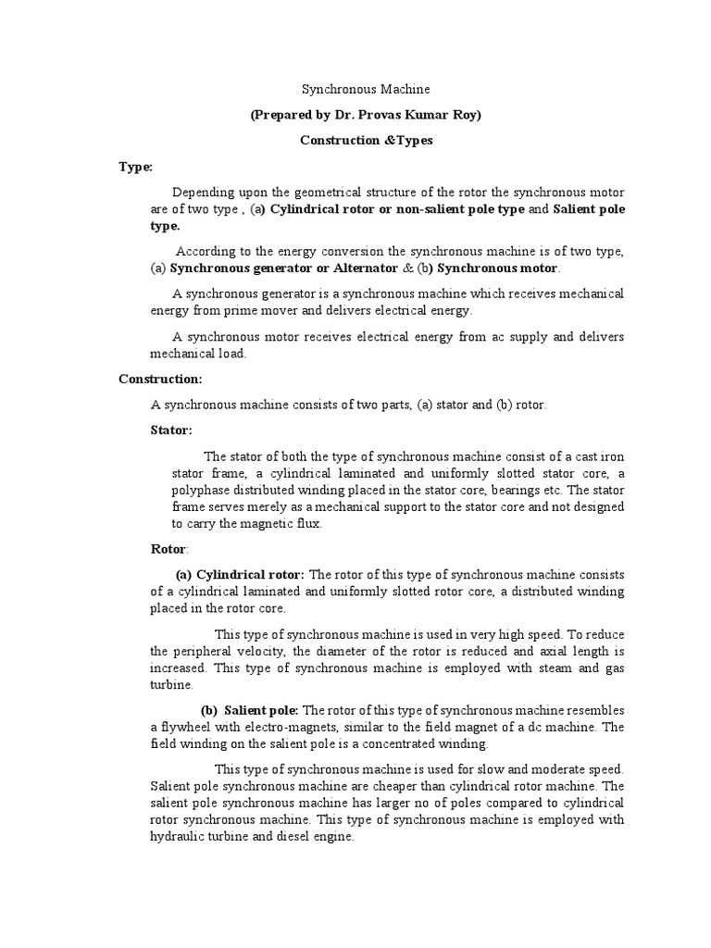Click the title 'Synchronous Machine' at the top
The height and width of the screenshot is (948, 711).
pos(366,90)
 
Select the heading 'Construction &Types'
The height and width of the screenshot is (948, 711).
pos(366,141)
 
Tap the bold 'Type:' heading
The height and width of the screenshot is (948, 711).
pos(135,167)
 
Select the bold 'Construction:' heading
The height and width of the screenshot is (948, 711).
pos(160,379)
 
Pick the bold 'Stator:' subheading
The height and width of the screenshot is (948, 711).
pos(171,430)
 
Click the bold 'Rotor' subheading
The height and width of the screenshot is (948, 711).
pos(168,549)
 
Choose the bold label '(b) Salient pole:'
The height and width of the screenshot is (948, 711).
pos(249,710)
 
